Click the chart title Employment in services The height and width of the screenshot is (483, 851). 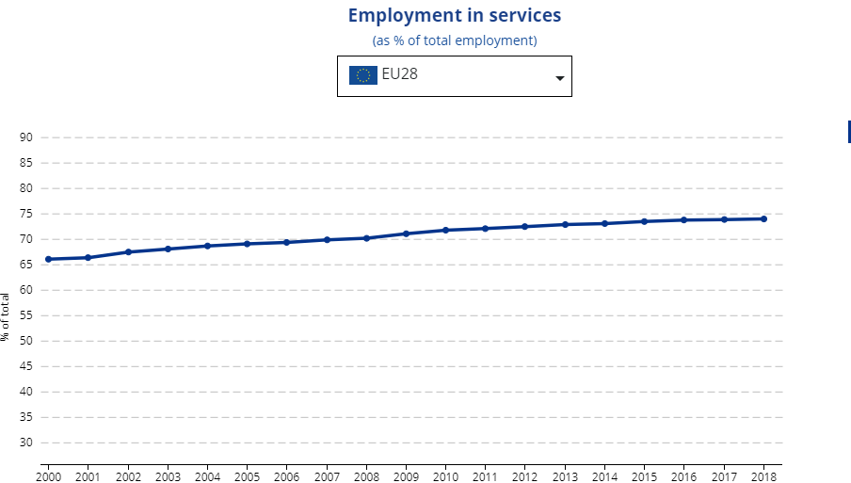click(454, 16)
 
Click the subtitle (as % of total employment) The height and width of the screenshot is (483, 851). click(455, 40)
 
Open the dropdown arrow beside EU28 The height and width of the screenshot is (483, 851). click(559, 78)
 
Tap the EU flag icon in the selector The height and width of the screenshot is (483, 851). click(362, 75)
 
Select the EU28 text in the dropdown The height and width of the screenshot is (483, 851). click(399, 74)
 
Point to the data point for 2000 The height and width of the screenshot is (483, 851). click(48, 259)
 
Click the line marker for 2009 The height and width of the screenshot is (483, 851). click(406, 233)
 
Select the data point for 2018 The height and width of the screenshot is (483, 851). click(763, 218)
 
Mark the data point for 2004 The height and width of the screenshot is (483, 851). click(207, 246)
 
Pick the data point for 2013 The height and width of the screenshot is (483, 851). click(565, 224)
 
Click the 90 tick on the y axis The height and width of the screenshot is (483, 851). click(25, 137)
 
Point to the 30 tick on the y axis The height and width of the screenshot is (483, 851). click(25, 443)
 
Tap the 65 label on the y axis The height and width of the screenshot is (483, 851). click(25, 265)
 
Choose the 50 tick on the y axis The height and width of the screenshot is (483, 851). click(25, 341)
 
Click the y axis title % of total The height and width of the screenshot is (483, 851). click(6, 316)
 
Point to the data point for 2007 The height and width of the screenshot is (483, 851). click(327, 239)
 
